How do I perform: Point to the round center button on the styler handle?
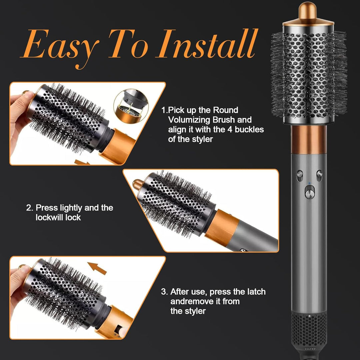pyautogui.click(x=310, y=194)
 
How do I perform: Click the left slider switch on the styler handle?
pyautogui.click(x=300, y=175)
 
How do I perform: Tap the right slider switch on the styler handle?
pyautogui.click(x=319, y=175)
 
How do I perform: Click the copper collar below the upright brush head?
pyautogui.click(x=309, y=139)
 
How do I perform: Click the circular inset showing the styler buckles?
pyautogui.click(x=131, y=106)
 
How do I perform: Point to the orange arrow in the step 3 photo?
pyautogui.click(x=97, y=268)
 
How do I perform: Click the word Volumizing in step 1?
pyautogui.click(x=189, y=120)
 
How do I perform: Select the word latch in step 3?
pyautogui.click(x=256, y=292)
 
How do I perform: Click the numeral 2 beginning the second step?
pyautogui.click(x=28, y=208)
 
